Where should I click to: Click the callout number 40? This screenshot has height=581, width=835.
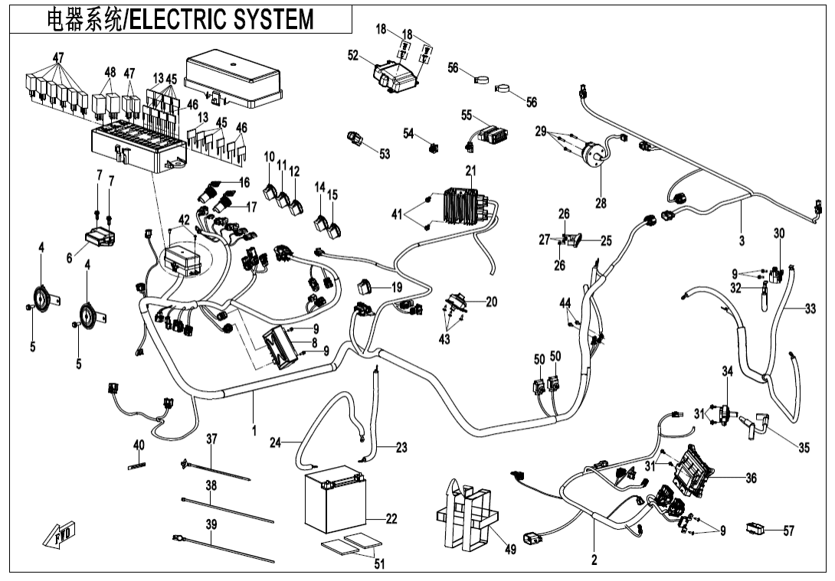[139, 446]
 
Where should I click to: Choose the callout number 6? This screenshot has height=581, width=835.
[70, 259]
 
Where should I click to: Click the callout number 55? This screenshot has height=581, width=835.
[466, 116]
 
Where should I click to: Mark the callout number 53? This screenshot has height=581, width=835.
[384, 154]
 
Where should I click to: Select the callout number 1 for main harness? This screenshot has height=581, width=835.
[254, 431]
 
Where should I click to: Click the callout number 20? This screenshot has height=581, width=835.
[491, 302]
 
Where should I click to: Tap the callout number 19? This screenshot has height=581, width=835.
[396, 288]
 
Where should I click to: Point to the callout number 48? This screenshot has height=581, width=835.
[110, 73]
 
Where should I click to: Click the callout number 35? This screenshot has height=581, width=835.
[803, 449]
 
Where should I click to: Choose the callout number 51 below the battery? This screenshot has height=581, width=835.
[379, 564]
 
